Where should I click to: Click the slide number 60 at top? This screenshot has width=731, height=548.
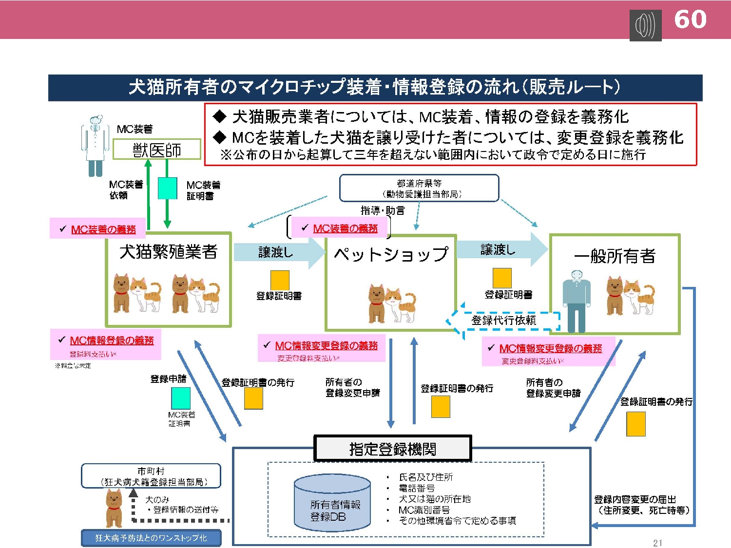point(690,19)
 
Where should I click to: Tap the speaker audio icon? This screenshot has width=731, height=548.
point(645,25)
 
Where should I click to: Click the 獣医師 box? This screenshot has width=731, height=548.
point(157,150)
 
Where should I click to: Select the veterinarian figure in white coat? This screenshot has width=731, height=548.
point(95,145)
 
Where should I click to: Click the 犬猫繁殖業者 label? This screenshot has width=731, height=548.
point(168,252)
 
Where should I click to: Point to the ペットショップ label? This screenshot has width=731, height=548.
point(391,254)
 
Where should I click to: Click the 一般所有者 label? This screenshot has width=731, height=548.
point(615,256)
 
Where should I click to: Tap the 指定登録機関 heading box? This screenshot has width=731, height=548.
point(393,449)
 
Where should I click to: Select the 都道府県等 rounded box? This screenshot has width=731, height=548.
point(419,189)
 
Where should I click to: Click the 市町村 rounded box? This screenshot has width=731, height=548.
point(151,476)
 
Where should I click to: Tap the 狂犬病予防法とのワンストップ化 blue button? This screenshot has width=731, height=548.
point(151,538)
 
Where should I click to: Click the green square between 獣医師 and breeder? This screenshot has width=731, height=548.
point(167,189)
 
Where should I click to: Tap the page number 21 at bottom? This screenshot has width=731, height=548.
point(657,543)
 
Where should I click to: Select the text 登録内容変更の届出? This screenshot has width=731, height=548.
point(635,499)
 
